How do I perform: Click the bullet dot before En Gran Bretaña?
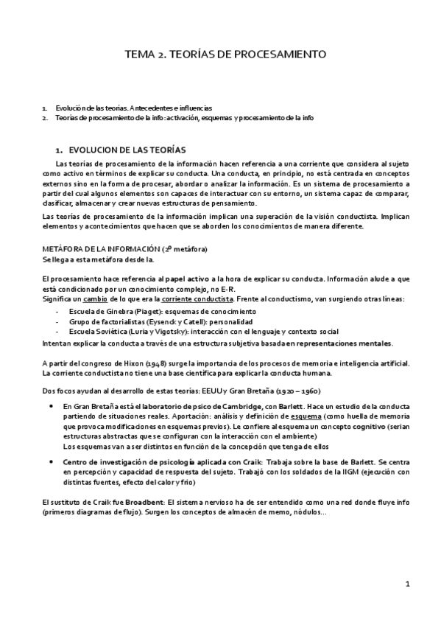click(x=50, y=406)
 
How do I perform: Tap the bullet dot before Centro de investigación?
click(x=50, y=461)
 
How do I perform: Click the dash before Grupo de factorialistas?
click(x=57, y=322)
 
